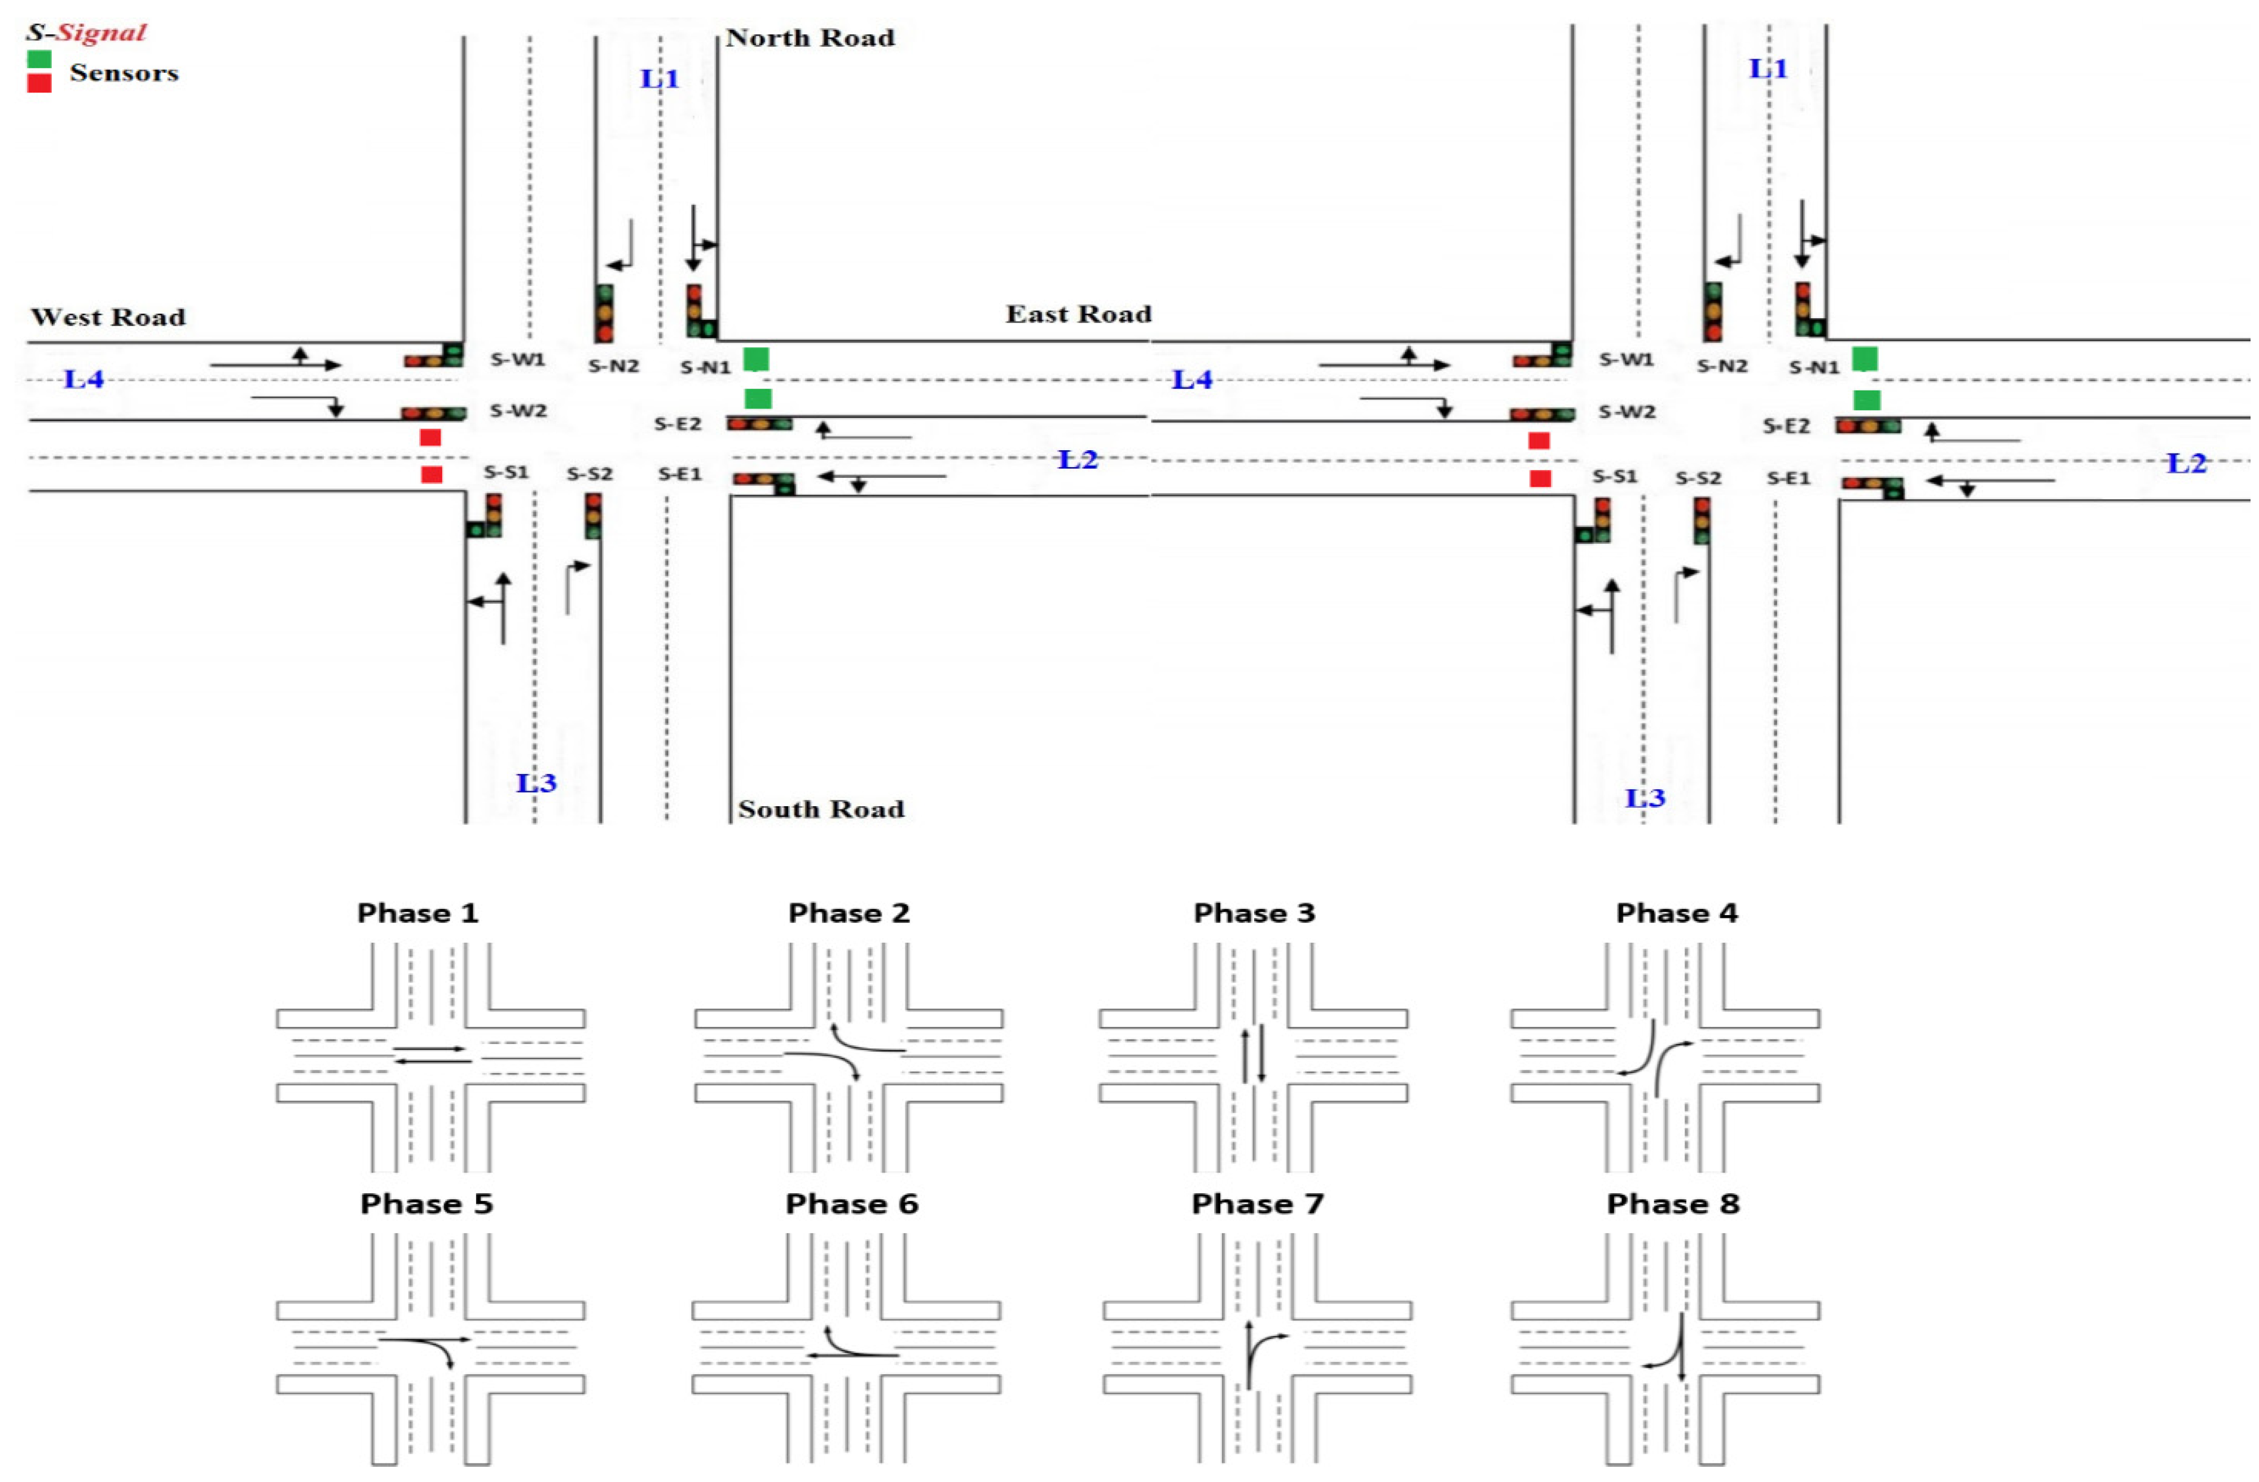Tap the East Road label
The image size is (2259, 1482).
click(x=1078, y=314)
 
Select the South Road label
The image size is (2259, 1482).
click(x=821, y=810)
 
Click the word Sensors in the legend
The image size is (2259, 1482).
click(x=124, y=73)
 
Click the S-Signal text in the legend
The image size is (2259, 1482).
click(x=85, y=32)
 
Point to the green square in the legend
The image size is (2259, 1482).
click(x=39, y=59)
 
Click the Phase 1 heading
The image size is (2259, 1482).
click(x=417, y=913)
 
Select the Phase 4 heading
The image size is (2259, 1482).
click(x=1676, y=913)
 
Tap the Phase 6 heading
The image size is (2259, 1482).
click(x=851, y=1204)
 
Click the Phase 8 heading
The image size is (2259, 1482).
click(x=1672, y=1204)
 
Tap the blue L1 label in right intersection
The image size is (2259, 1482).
click(x=1768, y=68)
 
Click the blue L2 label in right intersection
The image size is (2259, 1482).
click(x=2186, y=464)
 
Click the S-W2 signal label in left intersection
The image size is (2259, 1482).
click(x=518, y=411)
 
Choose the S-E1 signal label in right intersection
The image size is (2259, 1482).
click(x=1788, y=479)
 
